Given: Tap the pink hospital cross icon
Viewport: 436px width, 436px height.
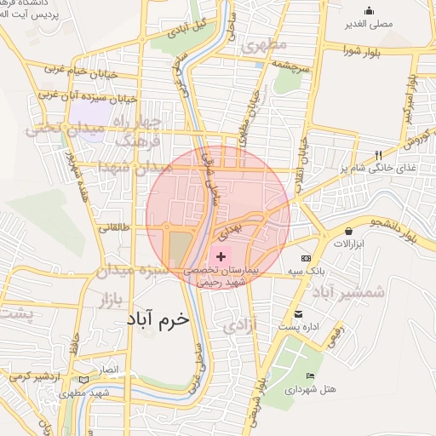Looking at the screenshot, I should (x=221, y=255).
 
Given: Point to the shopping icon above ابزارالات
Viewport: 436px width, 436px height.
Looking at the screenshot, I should (x=349, y=231).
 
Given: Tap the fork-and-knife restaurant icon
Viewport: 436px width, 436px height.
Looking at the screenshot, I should (x=379, y=155).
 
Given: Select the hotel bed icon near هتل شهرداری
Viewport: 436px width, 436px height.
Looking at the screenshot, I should (x=311, y=376).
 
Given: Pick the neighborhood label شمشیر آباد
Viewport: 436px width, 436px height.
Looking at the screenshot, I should (x=348, y=293).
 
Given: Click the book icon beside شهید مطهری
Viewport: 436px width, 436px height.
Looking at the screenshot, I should (x=83, y=380).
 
